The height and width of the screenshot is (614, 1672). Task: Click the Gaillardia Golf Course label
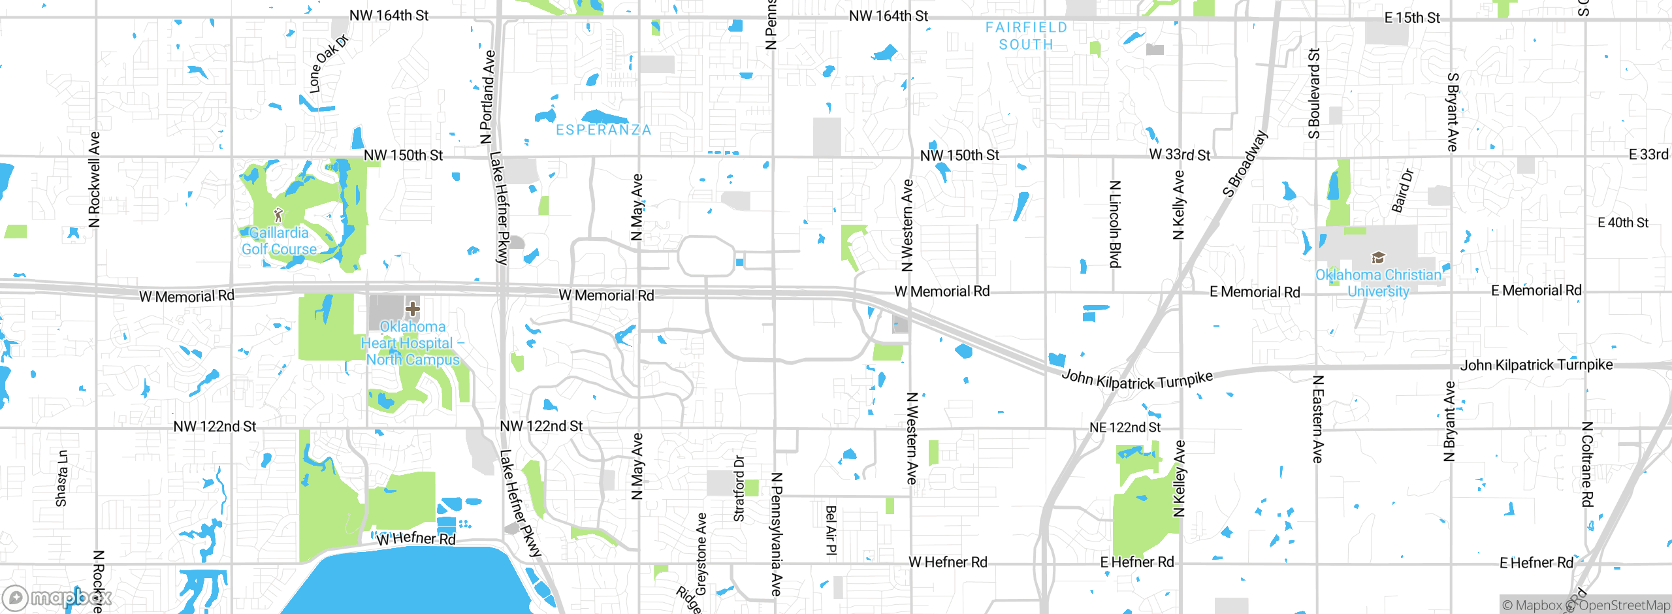[x=279, y=241]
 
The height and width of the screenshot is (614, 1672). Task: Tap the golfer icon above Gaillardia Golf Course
[x=278, y=214]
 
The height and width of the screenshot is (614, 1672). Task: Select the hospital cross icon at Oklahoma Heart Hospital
[x=412, y=308]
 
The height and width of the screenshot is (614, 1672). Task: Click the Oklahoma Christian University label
[x=1378, y=283]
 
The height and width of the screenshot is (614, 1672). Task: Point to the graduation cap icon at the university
[x=1378, y=257]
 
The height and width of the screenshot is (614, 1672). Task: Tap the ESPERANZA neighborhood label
[x=603, y=130]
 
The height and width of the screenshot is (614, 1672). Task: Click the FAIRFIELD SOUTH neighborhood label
[x=1026, y=36]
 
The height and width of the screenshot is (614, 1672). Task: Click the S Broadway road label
[x=1245, y=164]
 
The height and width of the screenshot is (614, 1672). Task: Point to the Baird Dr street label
[x=1402, y=191]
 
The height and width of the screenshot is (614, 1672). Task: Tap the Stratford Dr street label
[x=739, y=489]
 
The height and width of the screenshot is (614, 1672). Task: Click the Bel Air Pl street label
[x=831, y=530]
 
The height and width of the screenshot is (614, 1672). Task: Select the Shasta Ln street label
[x=61, y=478]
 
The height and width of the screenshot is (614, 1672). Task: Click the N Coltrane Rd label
[x=1587, y=464]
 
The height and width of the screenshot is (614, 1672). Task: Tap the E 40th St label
[x=1622, y=223]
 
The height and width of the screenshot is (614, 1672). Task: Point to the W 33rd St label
[x=1180, y=155]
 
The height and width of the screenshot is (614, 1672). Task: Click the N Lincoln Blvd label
[x=1115, y=224]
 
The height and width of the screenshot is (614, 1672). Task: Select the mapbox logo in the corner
[x=57, y=598]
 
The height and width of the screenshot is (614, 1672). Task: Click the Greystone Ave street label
[x=701, y=554]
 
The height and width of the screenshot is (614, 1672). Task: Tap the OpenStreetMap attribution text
[x=1624, y=606]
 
